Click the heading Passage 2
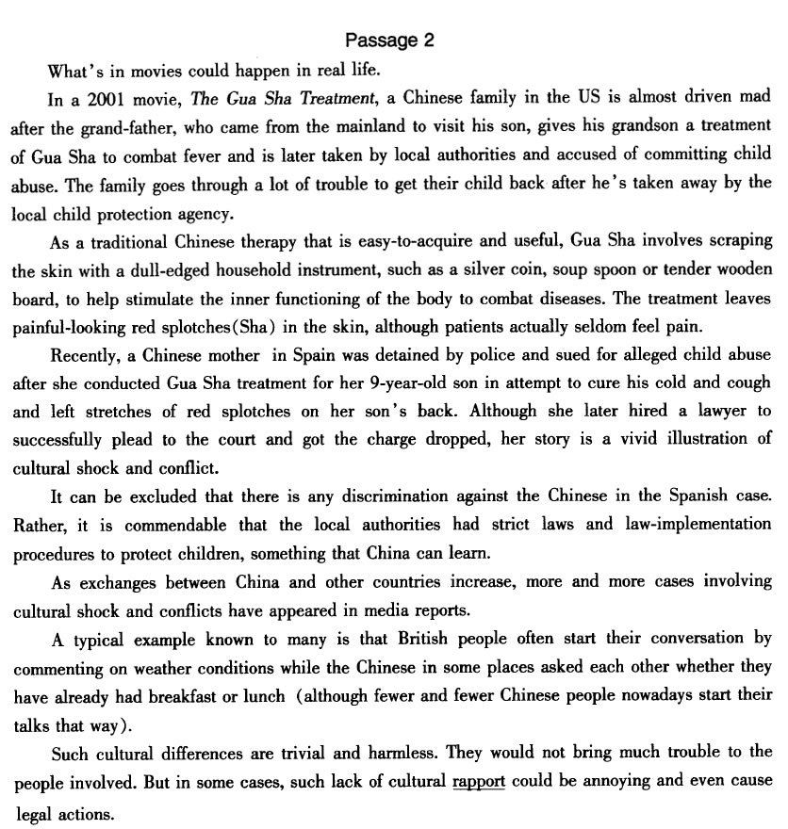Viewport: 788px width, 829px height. (389, 40)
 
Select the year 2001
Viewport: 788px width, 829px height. (105, 96)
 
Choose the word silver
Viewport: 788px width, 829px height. (495, 270)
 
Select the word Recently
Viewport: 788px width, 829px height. (86, 356)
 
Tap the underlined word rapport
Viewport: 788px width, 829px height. (479, 782)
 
